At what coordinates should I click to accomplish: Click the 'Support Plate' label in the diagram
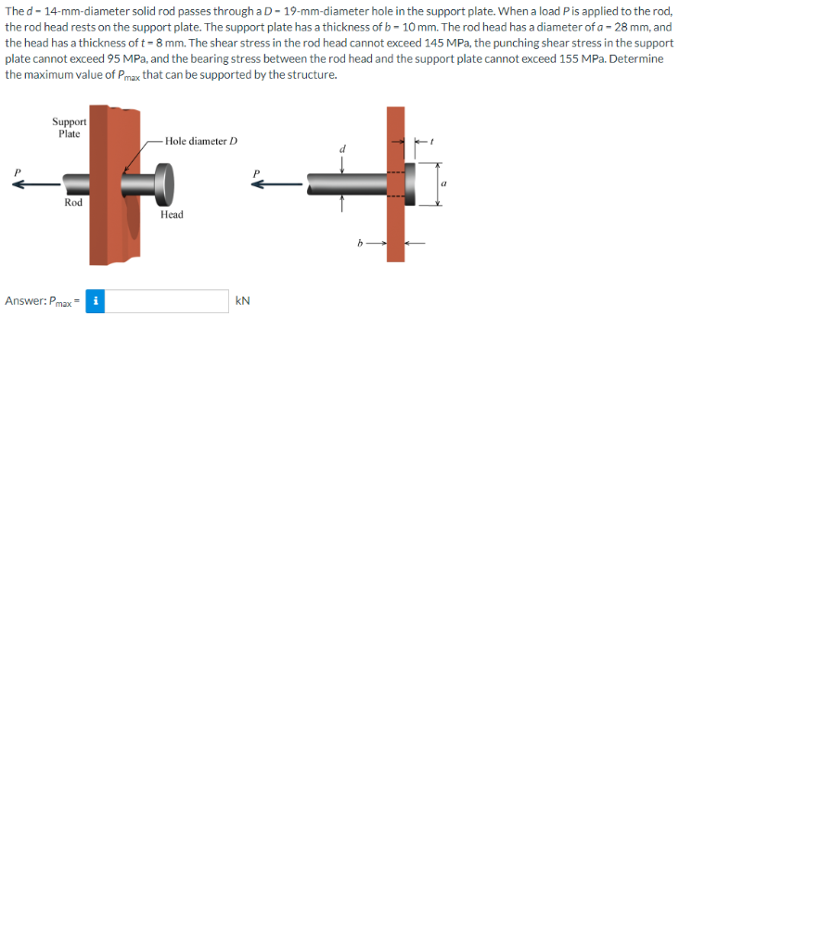click(x=69, y=128)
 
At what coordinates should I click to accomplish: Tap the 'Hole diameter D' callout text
click(x=201, y=141)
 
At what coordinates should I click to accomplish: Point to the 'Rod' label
click(x=73, y=202)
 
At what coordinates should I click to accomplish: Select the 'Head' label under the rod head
click(x=172, y=214)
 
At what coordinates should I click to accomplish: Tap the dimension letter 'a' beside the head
click(x=443, y=184)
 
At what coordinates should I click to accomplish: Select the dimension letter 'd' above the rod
click(x=342, y=148)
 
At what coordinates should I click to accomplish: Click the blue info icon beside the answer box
click(x=95, y=301)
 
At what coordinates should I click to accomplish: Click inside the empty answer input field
click(x=166, y=301)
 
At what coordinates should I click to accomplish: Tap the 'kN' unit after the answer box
click(x=243, y=301)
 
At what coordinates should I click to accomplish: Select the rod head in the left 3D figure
click(x=164, y=183)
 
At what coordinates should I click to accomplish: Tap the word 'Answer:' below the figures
click(x=25, y=301)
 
